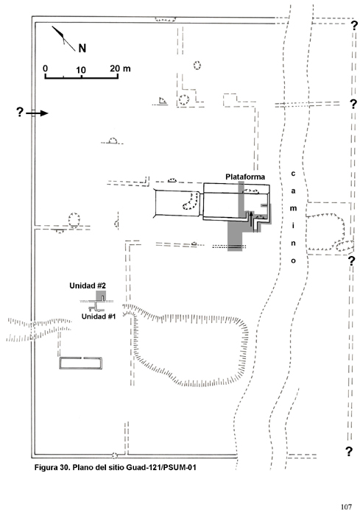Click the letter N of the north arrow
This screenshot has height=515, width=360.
82,49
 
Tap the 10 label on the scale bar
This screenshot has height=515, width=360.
81,70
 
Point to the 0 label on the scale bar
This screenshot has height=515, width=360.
46,68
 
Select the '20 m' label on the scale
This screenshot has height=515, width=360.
120,68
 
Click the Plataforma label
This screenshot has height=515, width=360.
245,177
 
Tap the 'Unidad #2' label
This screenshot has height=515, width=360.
88,285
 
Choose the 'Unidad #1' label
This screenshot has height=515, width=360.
99,316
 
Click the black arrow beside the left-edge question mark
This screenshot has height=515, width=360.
37,113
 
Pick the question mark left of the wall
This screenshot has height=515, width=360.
20,113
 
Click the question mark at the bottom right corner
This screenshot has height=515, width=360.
349,452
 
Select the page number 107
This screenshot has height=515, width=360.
346,507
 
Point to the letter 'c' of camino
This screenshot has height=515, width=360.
293,174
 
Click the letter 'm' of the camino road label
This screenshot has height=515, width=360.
293,208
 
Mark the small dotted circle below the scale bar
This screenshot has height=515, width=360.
197,65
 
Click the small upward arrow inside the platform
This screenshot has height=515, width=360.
251,219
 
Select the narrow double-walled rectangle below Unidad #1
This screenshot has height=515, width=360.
81,363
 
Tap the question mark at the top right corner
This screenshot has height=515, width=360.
354,25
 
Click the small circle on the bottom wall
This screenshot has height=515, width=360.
114,455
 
